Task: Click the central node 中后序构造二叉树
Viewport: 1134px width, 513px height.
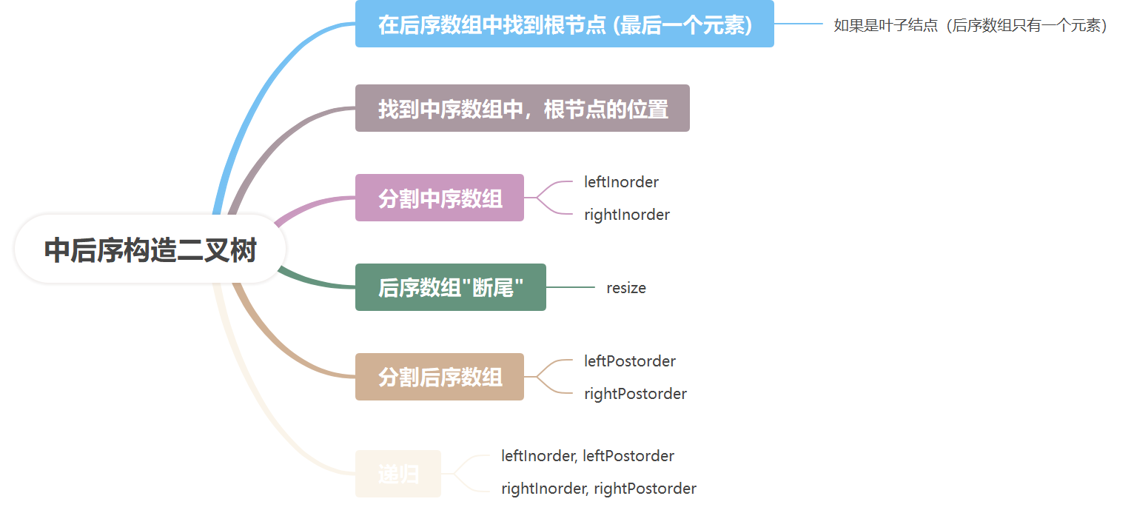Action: pos(150,250)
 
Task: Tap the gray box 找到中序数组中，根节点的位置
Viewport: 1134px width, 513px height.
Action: pos(523,109)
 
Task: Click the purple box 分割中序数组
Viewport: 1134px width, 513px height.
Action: pos(440,198)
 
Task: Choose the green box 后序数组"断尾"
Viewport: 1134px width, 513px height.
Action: pos(450,288)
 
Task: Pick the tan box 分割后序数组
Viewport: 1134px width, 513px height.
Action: pos(440,378)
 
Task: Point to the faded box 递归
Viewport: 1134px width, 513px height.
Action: pos(398,475)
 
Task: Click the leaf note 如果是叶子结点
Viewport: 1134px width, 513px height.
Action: pos(970,26)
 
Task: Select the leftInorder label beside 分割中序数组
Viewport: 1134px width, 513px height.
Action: pos(621,181)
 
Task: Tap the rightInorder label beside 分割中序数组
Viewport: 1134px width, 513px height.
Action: pos(626,215)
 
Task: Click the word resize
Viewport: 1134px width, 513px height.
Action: pos(625,288)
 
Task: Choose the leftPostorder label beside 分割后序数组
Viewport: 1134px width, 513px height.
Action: pos(629,361)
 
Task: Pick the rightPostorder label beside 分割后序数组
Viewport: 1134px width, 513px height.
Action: pos(635,394)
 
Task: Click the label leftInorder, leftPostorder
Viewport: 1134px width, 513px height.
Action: pos(587,456)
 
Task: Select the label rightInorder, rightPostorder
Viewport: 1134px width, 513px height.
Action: pos(598,489)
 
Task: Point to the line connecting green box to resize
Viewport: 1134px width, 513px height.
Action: pos(570,287)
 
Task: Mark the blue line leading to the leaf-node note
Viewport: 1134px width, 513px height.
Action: pos(798,24)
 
